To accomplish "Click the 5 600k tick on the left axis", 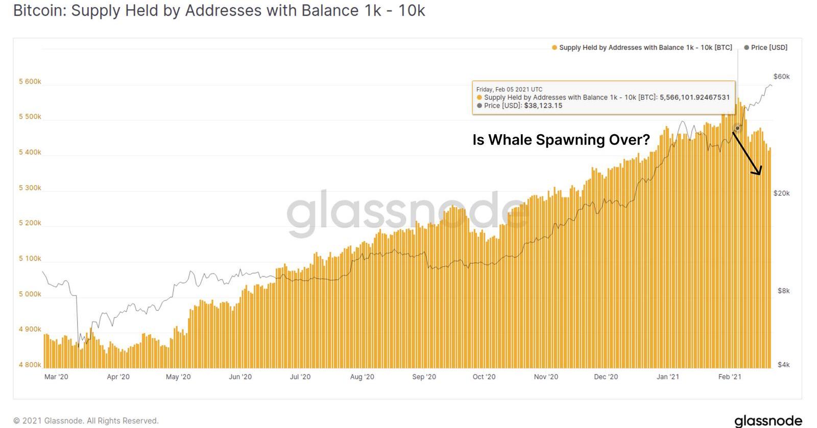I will [x=30, y=82].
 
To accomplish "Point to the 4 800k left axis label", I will [x=30, y=365].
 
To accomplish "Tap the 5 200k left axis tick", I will [x=30, y=223].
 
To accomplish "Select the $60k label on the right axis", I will [x=781, y=77].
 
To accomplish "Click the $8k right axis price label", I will [x=783, y=291].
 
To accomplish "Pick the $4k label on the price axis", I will [x=783, y=365].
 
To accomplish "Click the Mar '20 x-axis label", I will [x=56, y=377].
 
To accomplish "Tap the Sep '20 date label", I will [x=424, y=377].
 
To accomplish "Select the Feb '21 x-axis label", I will [x=730, y=377].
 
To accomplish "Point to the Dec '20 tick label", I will [x=606, y=377].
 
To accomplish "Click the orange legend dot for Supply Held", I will [x=555, y=48].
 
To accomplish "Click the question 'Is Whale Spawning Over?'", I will [x=561, y=140].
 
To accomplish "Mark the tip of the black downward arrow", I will [x=760, y=174].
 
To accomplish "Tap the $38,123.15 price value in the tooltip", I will [x=543, y=106].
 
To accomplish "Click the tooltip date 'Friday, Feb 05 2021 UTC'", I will [x=509, y=89].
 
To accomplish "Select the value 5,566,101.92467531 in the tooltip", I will [x=694, y=97].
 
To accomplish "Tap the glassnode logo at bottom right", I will [x=767, y=421].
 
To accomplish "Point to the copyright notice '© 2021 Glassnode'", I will [x=86, y=421].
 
